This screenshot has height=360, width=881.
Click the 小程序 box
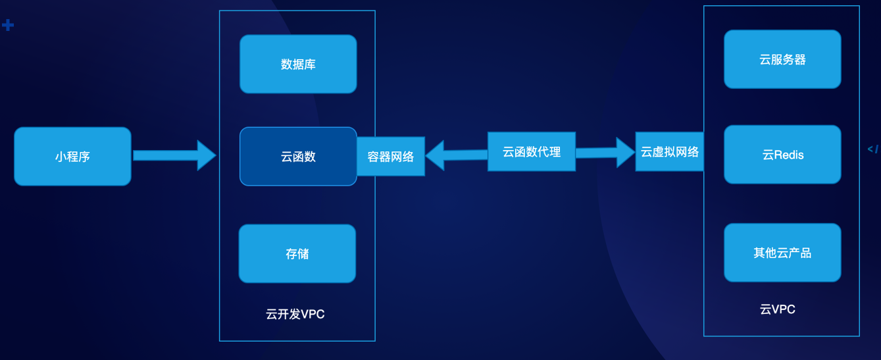click(72, 157)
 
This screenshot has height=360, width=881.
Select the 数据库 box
click(298, 64)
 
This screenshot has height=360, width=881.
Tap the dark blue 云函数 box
click(298, 157)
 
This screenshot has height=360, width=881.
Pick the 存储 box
click(297, 254)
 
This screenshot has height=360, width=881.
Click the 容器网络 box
click(391, 157)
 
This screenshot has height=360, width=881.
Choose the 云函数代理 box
click(532, 152)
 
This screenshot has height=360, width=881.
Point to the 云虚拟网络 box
click(669, 152)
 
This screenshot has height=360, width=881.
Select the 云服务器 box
click(782, 59)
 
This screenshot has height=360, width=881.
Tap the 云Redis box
click(782, 155)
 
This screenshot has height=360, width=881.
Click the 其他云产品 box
click(782, 253)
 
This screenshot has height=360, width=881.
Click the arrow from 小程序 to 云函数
click(171, 155)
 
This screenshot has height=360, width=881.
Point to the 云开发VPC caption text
click(295, 314)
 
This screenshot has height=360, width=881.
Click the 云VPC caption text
click(778, 309)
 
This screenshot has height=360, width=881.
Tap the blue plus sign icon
click(8, 26)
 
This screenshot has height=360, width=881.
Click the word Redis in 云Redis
click(789, 155)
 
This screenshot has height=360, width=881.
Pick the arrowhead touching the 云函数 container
click(207, 155)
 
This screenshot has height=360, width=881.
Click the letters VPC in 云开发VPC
click(313, 314)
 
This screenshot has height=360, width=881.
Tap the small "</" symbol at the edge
click(873, 149)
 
